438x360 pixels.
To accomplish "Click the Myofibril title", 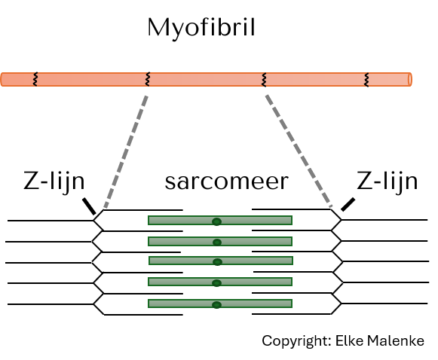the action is [201, 28].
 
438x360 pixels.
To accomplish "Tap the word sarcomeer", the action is [227, 182].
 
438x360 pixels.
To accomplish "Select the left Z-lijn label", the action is [54, 182].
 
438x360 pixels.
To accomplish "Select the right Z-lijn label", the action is [387, 182].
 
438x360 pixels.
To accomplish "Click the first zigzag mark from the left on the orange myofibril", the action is [35, 80].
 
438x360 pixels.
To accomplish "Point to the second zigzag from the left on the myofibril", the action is [148, 79].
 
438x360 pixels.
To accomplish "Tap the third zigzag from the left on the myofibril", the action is [264, 80].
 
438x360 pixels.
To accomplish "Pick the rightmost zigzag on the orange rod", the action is [367, 80].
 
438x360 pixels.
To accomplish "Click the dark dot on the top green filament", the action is [217, 221].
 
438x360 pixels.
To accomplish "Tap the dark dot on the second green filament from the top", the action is [217, 243].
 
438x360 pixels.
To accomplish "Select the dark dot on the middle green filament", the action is [217, 262].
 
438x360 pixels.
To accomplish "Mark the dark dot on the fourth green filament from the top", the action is [217, 283].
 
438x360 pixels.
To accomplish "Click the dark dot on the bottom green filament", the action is [217, 305].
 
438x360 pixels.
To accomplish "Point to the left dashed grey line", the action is [126, 152].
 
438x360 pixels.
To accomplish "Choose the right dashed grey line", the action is [299, 151].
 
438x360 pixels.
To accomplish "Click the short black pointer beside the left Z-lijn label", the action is [89, 206].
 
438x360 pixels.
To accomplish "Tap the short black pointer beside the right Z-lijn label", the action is [348, 205].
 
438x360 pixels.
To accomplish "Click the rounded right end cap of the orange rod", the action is [410, 80].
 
